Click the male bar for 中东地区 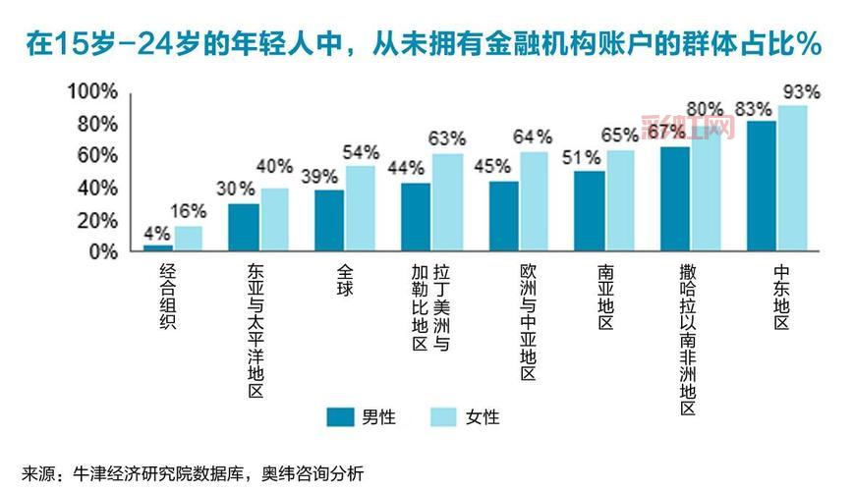click(762, 186)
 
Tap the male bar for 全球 click(329, 221)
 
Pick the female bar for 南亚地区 click(620, 200)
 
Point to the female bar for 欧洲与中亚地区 click(534, 201)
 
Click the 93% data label click(800, 91)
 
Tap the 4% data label click(157, 234)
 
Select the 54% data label click(361, 152)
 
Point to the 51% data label click(587, 158)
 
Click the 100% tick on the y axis click(92, 91)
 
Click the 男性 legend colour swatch click(340, 416)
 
